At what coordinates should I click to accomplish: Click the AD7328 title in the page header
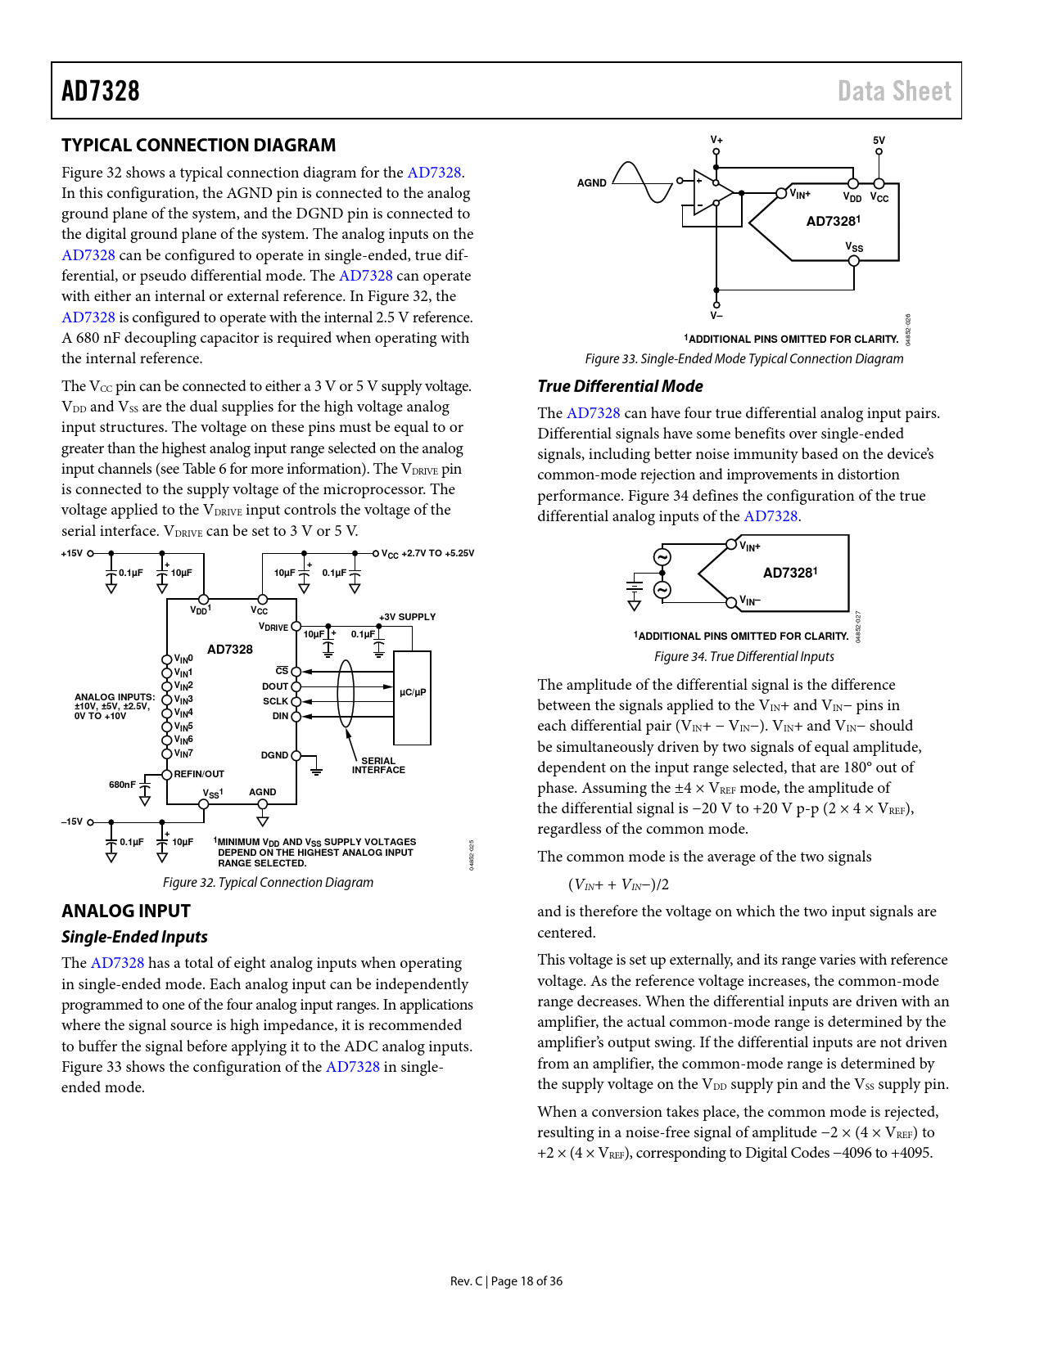tap(101, 91)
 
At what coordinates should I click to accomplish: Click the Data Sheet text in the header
tap(894, 91)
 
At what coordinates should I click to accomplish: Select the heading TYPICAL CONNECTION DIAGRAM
tap(198, 146)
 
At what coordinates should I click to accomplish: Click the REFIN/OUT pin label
tap(199, 774)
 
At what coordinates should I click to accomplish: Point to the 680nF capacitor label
tap(122, 785)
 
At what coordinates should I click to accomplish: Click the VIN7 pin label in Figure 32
tap(183, 754)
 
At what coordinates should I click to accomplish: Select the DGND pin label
tap(274, 755)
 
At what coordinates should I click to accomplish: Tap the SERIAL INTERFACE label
tap(378, 765)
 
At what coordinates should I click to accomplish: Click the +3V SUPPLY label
tap(407, 617)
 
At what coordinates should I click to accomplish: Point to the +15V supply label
tap(72, 554)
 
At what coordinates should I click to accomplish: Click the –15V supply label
tap(72, 821)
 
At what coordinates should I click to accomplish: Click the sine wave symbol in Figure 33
tap(643, 182)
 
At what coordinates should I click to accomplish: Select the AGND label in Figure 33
tap(591, 183)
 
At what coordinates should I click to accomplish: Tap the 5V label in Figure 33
tap(879, 141)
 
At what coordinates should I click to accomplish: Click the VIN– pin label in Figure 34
tap(750, 601)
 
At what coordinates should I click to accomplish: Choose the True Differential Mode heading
tap(620, 386)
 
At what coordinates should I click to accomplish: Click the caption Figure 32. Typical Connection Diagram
tap(268, 882)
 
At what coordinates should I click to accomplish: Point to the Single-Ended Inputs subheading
tap(134, 937)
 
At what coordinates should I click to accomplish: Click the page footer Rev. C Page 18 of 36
tap(506, 1281)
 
